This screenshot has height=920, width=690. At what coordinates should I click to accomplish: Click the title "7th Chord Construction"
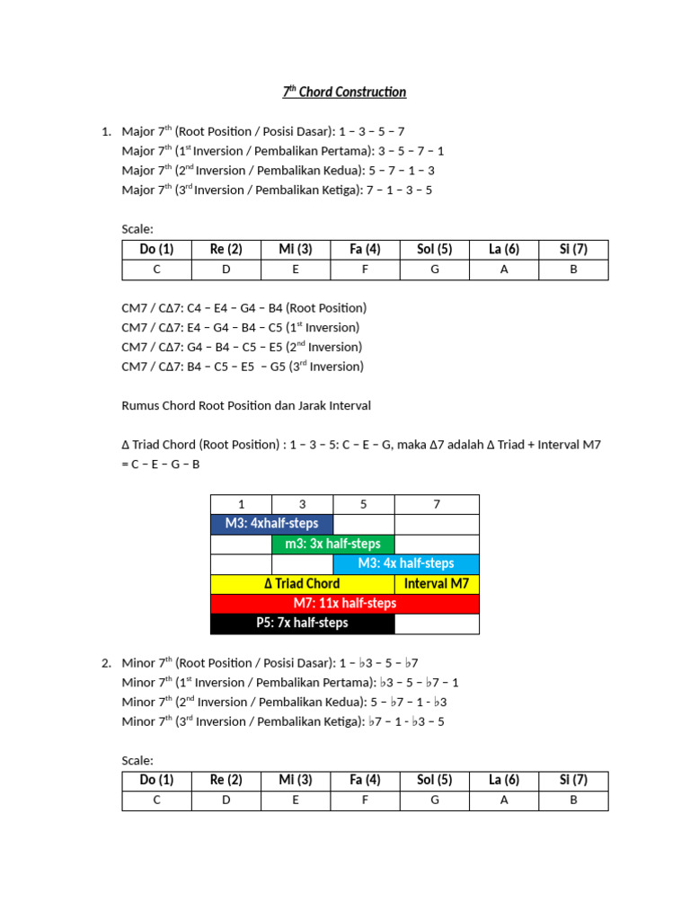345,92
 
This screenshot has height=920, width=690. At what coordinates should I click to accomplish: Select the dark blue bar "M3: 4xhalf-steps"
270,524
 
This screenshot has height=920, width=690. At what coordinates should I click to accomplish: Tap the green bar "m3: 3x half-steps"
332,544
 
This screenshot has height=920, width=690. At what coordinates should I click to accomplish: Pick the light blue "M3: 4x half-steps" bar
406,563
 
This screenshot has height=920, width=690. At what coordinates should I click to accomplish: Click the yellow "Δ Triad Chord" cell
302,583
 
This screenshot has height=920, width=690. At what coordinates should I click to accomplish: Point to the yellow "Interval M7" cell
437,583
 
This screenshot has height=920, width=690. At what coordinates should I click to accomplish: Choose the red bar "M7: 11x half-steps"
345,603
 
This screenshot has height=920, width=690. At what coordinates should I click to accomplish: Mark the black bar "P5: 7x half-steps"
302,623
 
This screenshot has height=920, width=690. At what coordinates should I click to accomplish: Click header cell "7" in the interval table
437,504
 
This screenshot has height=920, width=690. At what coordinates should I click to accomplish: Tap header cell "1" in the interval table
241,504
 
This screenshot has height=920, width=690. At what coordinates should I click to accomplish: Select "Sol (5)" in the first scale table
435,249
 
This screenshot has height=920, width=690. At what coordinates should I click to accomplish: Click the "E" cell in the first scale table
296,270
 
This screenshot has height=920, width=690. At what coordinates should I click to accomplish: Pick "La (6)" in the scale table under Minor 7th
504,780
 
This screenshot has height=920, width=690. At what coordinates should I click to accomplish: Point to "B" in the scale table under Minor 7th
573,801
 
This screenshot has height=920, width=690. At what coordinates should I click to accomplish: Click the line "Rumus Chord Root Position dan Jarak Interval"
246,405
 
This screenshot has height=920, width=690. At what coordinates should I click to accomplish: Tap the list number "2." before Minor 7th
106,663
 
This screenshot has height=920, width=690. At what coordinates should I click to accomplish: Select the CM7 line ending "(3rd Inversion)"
243,367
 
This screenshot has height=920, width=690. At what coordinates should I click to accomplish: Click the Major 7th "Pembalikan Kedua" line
279,170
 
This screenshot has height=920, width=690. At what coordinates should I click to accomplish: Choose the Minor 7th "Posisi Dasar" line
270,663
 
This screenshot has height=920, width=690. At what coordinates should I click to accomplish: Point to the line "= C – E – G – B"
161,464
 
